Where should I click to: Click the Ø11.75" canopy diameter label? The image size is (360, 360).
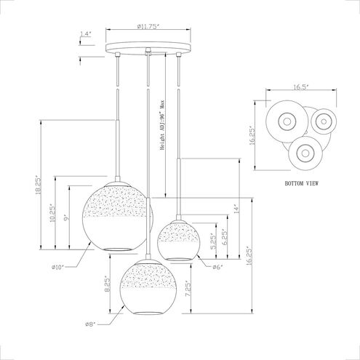(x=148, y=26)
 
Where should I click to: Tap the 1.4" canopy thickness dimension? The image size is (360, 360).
(x=86, y=33)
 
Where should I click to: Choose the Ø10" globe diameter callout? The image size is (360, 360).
(x=57, y=267)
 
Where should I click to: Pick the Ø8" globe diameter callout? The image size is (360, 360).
(x=91, y=324)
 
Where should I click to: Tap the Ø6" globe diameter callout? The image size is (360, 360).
(x=217, y=267)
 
